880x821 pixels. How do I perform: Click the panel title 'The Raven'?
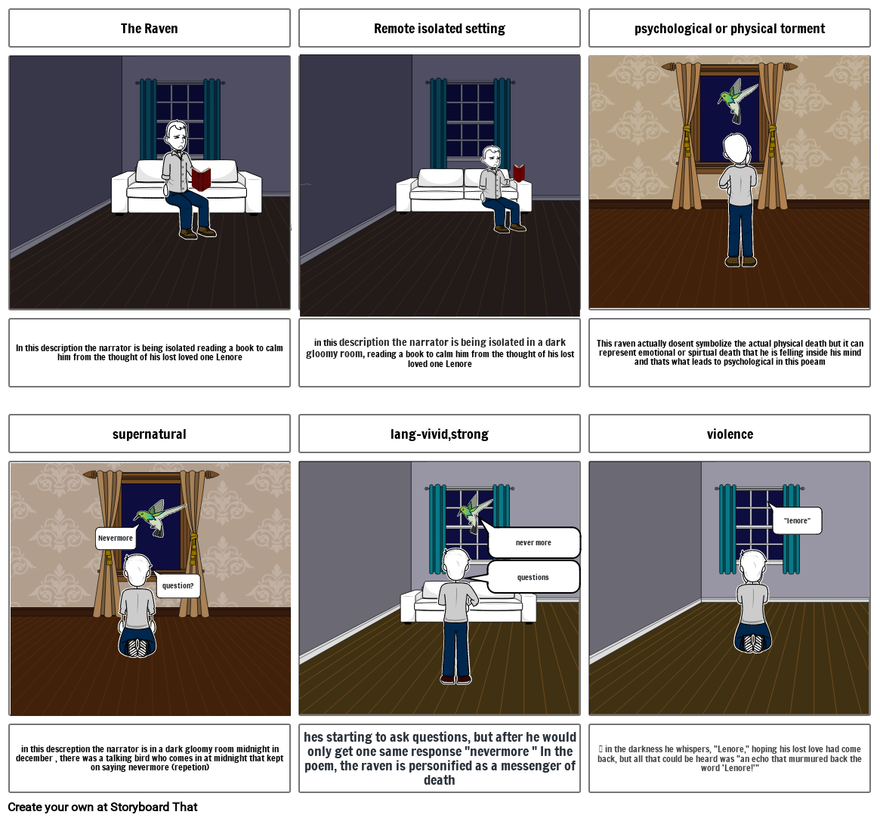coord(150,29)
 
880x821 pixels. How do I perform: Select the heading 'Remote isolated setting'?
coord(440,29)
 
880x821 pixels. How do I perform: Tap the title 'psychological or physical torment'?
coord(730,29)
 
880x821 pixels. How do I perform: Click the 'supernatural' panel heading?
coord(150,434)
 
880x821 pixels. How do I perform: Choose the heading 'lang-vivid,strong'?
coord(440,434)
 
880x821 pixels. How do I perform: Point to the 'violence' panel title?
coord(730,434)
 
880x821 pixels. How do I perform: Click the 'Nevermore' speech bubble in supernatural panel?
coord(116,539)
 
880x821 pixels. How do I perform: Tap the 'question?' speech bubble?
coord(178,585)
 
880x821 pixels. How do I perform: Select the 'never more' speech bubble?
coord(533,543)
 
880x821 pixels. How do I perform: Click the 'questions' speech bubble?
coord(533,577)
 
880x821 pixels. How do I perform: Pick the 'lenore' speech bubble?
coord(797,521)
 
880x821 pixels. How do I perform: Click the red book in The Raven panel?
coord(201,179)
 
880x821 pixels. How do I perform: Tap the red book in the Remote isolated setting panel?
coord(519,173)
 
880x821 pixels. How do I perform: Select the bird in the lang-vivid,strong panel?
coord(475,512)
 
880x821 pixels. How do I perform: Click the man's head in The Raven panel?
coord(176,137)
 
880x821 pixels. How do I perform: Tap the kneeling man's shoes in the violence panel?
coord(754,643)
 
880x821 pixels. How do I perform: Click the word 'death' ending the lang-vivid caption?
coord(440,780)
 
